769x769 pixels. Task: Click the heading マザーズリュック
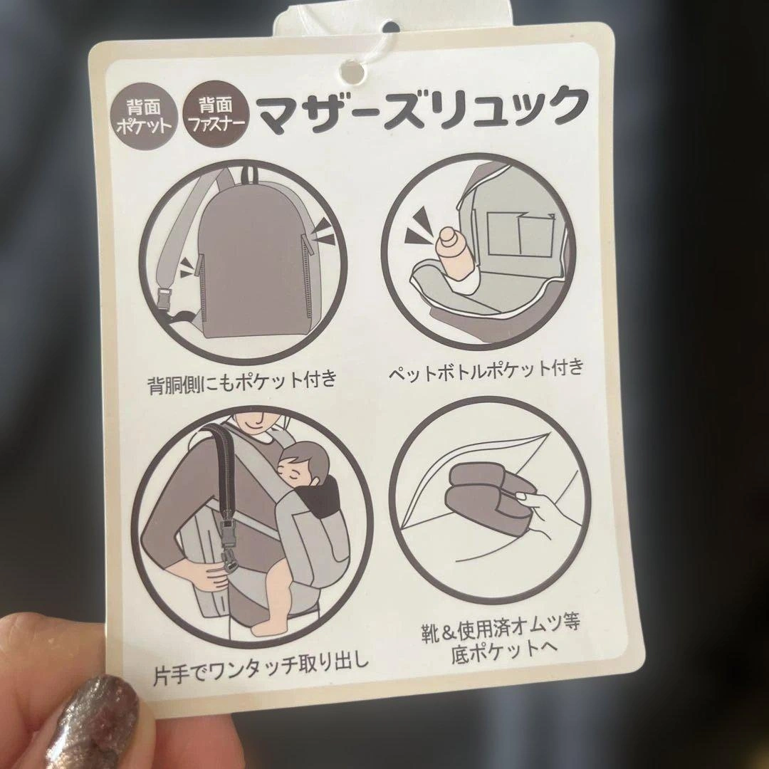pyautogui.click(x=423, y=110)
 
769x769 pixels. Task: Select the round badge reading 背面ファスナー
pyautogui.click(x=216, y=114)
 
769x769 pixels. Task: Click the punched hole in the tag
pyautogui.click(x=352, y=72)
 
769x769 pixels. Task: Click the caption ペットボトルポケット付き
pyautogui.click(x=487, y=370)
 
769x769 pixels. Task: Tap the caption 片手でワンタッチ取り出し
pyautogui.click(x=260, y=669)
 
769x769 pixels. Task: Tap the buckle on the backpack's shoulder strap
pyautogui.click(x=166, y=300)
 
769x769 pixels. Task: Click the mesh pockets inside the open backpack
pyautogui.click(x=520, y=234)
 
